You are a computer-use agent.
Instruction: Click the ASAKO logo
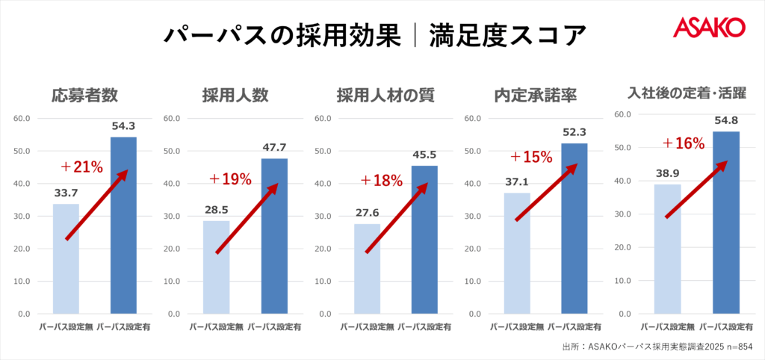point(708,28)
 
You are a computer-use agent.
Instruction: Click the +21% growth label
point(81,167)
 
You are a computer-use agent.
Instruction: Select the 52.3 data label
point(574,131)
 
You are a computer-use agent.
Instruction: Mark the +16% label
point(684,143)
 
